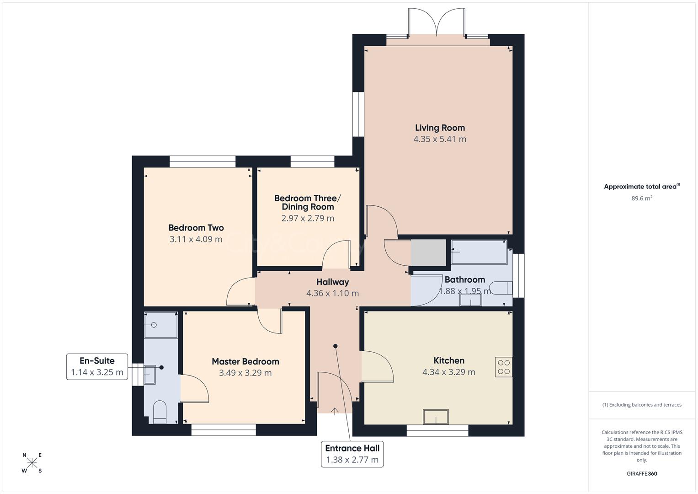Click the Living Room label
pos(440,128)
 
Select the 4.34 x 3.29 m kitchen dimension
pos(448,372)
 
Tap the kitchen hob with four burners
pos(503,367)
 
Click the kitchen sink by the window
pos(436,417)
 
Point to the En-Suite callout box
pos(97,366)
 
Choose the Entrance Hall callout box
pos(352,454)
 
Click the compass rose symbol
pos(32,463)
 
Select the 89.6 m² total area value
pos(641,199)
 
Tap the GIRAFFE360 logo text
pos(641,474)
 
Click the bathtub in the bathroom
pos(479,252)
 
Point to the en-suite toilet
pos(159,412)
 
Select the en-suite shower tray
pos(160,325)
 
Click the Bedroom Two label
pos(196,228)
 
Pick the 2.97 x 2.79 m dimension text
pos(308,219)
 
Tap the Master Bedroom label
pos(245,361)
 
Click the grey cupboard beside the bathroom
pos(428,252)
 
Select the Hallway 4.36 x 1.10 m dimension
pos(332,294)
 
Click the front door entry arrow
pos(334,411)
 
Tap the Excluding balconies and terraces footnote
pos(641,405)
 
